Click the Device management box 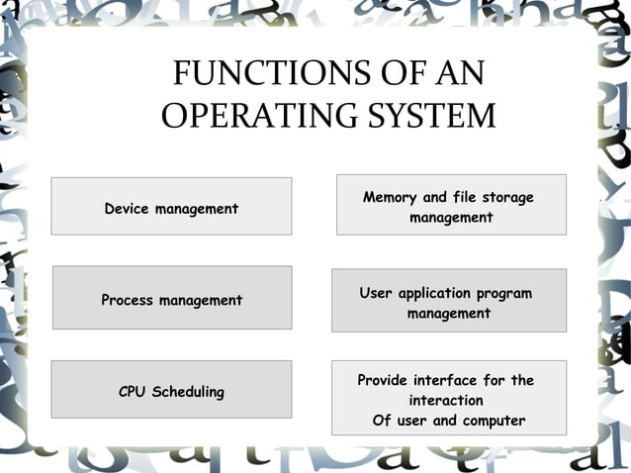(x=171, y=206)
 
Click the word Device (x=128, y=209)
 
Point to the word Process (x=128, y=300)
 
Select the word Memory (x=390, y=197)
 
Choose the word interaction (x=446, y=401)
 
